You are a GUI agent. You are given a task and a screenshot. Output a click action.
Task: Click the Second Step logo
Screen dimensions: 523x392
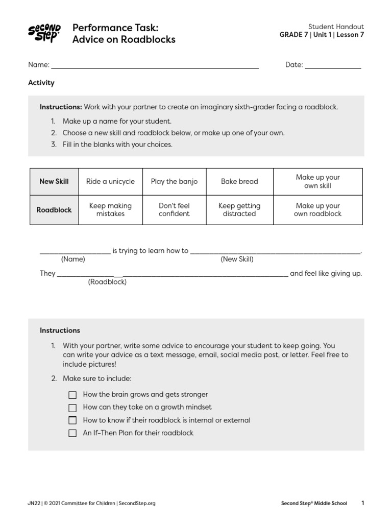(44, 33)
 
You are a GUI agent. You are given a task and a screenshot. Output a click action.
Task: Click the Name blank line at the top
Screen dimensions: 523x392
(155, 67)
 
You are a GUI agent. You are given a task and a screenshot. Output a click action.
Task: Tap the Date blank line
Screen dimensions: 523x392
(333, 67)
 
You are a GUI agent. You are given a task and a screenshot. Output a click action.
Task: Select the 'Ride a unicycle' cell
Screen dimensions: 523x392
(110, 181)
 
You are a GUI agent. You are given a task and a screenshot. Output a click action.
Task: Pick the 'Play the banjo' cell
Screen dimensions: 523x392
(174, 181)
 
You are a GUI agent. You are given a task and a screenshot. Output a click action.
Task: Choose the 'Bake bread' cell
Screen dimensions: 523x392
(239, 181)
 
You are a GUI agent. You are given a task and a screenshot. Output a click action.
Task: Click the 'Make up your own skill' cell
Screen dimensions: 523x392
(317, 181)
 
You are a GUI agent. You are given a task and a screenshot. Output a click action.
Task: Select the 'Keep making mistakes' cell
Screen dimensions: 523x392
(110, 209)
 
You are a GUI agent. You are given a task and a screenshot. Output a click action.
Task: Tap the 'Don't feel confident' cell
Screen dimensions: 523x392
(174, 209)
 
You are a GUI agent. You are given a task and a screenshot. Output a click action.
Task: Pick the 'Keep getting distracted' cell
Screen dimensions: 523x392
(239, 209)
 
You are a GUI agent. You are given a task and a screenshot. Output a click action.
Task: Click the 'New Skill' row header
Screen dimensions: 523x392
(54, 181)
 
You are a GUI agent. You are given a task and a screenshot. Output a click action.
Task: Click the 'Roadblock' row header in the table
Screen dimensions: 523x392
(54, 209)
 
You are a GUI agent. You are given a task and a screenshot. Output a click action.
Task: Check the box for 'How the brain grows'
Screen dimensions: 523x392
(72, 395)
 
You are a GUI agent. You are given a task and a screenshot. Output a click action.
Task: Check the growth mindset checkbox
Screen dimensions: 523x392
(72, 408)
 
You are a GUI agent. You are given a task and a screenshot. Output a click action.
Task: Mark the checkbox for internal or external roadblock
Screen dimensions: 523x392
(72, 420)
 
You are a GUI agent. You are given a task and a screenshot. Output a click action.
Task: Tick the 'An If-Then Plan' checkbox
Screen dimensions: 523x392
(72, 433)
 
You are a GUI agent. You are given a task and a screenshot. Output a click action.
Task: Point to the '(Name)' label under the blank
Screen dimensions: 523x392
(73, 259)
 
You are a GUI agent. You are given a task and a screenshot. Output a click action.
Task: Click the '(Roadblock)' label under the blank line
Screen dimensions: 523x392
(107, 281)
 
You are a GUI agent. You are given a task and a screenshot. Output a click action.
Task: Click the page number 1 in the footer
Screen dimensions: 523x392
(362, 503)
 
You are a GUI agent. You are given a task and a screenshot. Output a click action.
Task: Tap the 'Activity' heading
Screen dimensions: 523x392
(41, 83)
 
